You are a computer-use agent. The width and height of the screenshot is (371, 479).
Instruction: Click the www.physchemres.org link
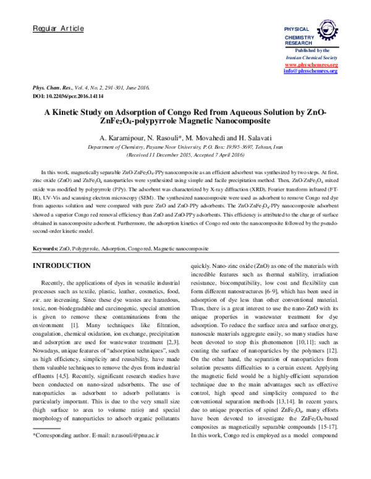[310, 65]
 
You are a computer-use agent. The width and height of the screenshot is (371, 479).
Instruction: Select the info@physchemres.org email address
[310, 71]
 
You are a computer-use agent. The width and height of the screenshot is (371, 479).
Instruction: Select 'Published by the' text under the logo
[310, 49]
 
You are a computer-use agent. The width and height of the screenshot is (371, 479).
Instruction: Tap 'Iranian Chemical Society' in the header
[310, 57]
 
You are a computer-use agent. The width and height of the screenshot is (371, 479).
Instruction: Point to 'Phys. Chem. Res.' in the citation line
[52, 90]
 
